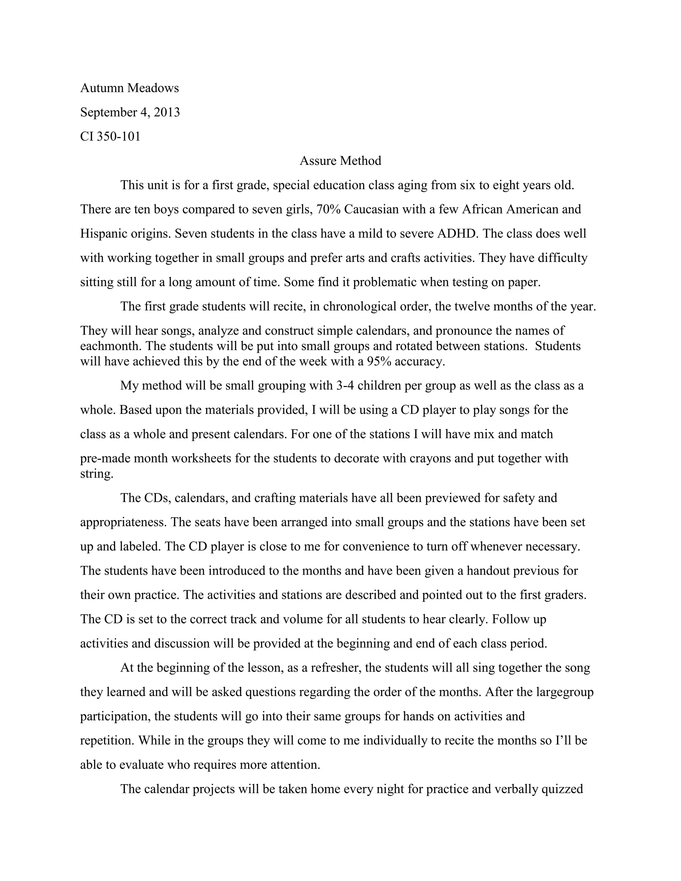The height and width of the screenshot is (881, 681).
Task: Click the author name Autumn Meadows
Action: click(129, 88)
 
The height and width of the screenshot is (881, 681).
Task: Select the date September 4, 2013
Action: click(130, 112)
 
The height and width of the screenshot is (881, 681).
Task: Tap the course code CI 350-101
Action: click(110, 136)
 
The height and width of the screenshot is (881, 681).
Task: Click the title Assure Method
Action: click(340, 161)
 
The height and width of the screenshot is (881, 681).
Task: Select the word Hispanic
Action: click(104, 234)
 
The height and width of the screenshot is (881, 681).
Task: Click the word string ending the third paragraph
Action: click(96, 473)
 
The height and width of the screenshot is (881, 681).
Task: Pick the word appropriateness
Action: click(123, 522)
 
